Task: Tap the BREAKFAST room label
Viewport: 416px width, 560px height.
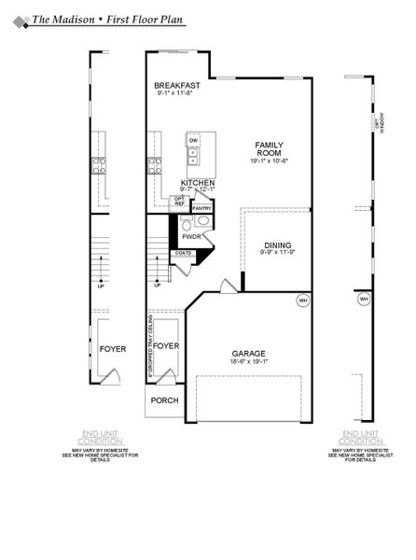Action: tap(177, 85)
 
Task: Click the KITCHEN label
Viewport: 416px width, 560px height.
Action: tap(199, 182)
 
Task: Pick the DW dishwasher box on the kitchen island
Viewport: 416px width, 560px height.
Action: tap(194, 140)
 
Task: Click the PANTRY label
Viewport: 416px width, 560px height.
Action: tap(202, 208)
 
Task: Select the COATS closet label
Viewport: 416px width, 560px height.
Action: tap(185, 253)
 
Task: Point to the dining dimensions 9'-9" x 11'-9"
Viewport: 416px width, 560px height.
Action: tap(279, 253)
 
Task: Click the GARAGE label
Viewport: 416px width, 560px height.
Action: tap(249, 354)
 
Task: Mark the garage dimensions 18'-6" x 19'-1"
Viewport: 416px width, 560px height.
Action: tap(249, 364)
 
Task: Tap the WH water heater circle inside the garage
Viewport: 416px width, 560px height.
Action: tap(302, 301)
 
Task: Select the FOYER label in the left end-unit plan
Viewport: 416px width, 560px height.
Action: tap(113, 348)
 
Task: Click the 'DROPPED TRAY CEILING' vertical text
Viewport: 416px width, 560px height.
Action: tap(149, 347)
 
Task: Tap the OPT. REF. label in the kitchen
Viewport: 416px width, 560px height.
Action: tap(179, 201)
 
